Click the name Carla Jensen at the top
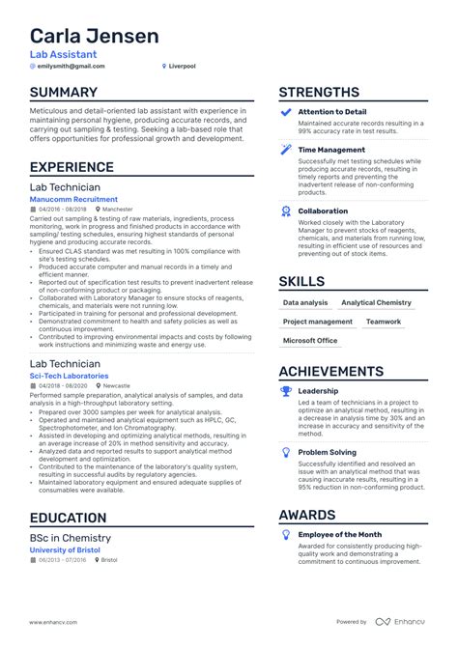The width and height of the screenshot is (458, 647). pyautogui.click(x=94, y=37)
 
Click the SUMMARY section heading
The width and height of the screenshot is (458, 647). pyautogui.click(x=64, y=93)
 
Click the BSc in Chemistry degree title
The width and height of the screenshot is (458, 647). pyautogui.click(x=71, y=538)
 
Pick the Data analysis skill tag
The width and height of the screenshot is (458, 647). pyautogui.click(x=304, y=302)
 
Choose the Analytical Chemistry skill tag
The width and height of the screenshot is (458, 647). pyautogui.click(x=376, y=302)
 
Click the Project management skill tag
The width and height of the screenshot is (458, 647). pyautogui.click(x=318, y=322)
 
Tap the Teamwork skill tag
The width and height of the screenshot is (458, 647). pyautogui.click(x=384, y=322)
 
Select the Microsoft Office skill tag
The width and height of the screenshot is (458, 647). pyautogui.click(x=310, y=341)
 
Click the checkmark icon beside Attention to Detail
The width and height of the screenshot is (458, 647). pyautogui.click(x=285, y=113)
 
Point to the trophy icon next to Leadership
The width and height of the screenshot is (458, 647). pyautogui.click(x=285, y=391)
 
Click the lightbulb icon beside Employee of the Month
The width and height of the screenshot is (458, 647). pyautogui.click(x=285, y=534)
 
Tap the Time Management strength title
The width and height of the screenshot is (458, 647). pyautogui.click(x=331, y=150)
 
